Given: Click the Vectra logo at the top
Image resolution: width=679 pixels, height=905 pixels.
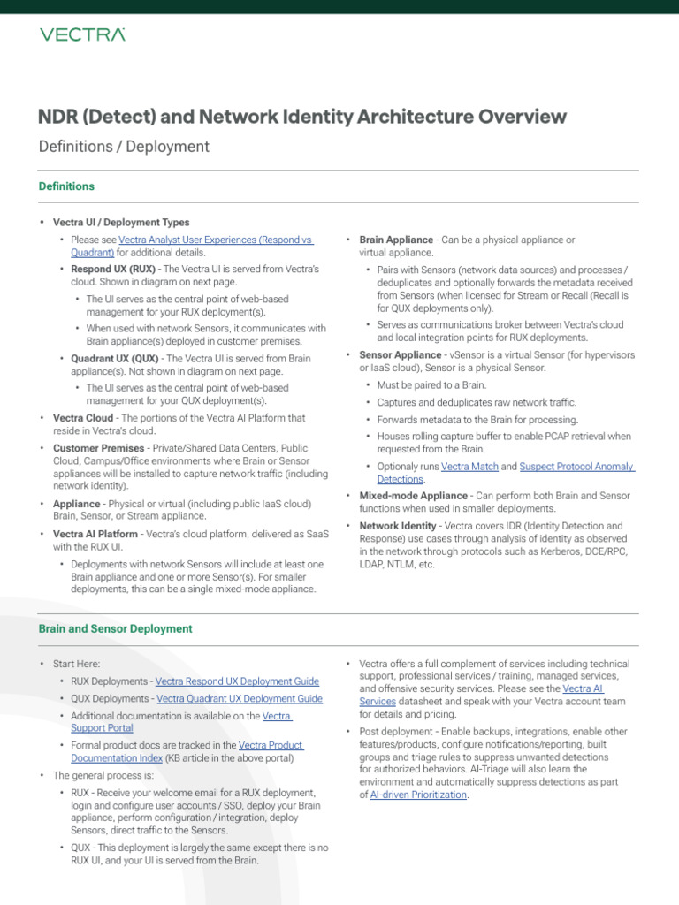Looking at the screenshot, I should [x=81, y=34].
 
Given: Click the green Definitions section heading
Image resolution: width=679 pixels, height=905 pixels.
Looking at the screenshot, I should [x=66, y=186].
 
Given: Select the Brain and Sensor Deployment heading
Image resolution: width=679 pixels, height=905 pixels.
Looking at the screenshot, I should [x=115, y=628].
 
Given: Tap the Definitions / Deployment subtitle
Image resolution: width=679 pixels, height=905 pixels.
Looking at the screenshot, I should [x=124, y=147].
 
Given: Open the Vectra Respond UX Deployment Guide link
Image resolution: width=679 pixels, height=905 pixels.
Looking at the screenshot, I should [x=237, y=681].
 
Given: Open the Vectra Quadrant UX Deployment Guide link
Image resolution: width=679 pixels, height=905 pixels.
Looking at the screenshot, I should [x=240, y=698].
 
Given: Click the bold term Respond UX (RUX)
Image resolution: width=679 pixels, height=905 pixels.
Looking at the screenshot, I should [x=113, y=269].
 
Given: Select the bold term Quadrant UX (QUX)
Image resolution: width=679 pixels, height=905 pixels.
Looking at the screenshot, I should [x=117, y=358].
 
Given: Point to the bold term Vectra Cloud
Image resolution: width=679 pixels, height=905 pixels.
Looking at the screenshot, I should [x=83, y=418].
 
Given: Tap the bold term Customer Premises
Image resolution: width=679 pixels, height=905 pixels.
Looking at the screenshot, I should [x=94, y=448].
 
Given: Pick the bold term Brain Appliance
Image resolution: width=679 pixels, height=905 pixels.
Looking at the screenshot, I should [x=396, y=240].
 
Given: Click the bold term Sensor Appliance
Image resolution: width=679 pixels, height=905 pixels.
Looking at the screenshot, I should [x=399, y=354].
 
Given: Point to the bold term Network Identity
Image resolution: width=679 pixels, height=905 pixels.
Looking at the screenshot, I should [x=398, y=526].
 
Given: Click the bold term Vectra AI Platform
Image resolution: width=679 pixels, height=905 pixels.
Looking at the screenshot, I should [x=95, y=534].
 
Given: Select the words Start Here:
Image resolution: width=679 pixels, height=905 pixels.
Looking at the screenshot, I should [x=77, y=664].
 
